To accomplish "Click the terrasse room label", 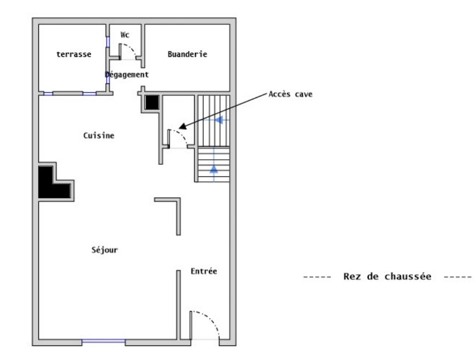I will (x=73, y=54).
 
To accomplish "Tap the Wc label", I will (x=125, y=35).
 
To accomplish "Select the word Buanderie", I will (x=187, y=54).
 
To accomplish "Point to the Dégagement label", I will (x=127, y=74).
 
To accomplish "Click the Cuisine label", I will (x=99, y=135).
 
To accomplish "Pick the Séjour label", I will (x=105, y=250).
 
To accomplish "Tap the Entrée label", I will (x=204, y=271).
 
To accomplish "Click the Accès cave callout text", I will (x=290, y=93).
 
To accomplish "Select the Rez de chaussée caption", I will (x=387, y=276).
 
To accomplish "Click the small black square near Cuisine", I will (x=151, y=102).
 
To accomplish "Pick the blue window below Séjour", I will (x=103, y=341).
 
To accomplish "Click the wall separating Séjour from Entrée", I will (x=178, y=305).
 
